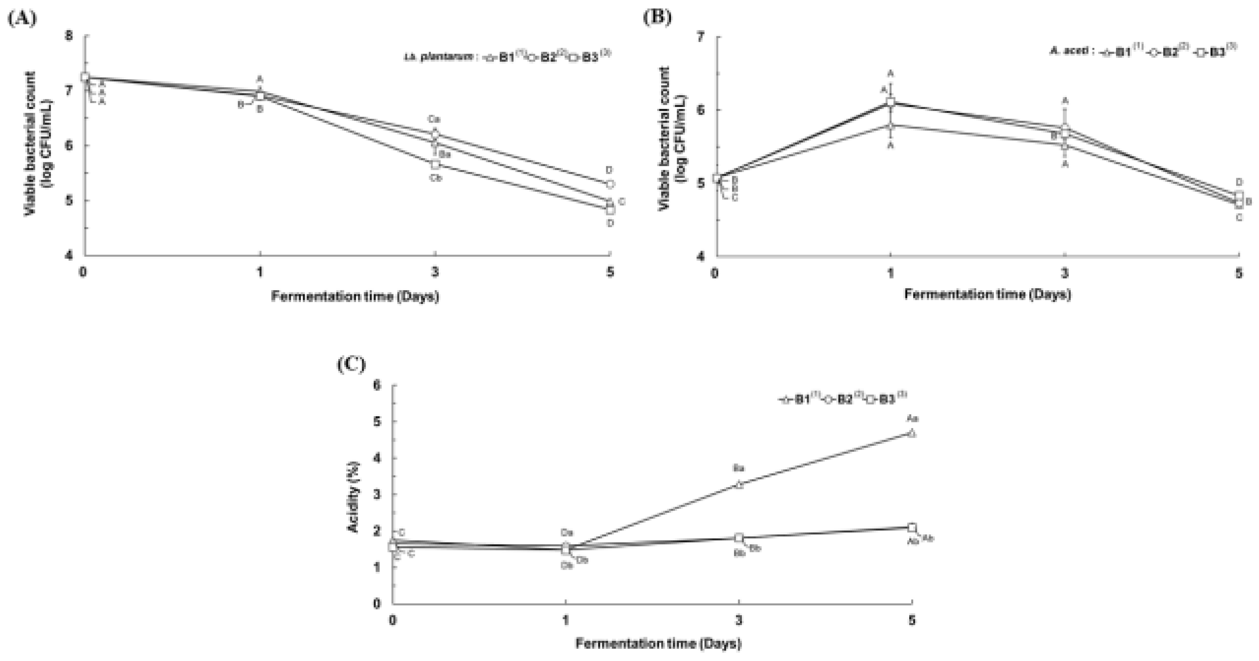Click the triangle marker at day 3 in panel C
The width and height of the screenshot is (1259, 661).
(739, 485)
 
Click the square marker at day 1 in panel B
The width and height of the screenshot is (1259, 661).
(891, 102)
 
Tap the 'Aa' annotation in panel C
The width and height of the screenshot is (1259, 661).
(912, 418)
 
